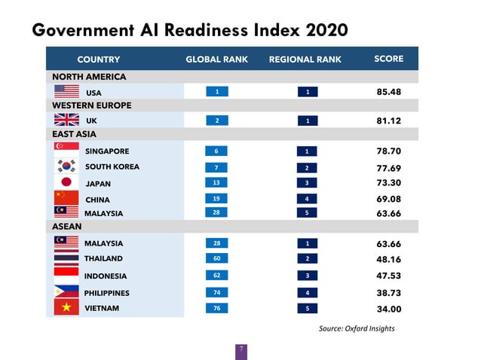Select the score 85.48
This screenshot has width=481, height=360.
click(x=388, y=92)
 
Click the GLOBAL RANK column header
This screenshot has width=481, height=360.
click(x=217, y=59)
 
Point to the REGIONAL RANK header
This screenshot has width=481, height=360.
click(x=305, y=59)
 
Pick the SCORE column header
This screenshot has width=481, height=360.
click(x=389, y=59)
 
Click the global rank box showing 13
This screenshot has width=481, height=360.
click(x=216, y=182)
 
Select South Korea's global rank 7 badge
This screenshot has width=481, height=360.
click(x=216, y=166)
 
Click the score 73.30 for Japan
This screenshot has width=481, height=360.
click(x=388, y=183)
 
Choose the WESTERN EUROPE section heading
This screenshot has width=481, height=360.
click(x=91, y=105)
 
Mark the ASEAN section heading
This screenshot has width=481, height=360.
click(x=67, y=225)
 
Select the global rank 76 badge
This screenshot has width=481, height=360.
click(x=216, y=307)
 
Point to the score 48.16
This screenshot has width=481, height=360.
click(x=388, y=259)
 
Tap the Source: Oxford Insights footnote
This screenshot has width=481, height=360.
click(x=357, y=328)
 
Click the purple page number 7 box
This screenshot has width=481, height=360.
click(x=240, y=350)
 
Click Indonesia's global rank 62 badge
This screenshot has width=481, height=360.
click(x=216, y=276)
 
